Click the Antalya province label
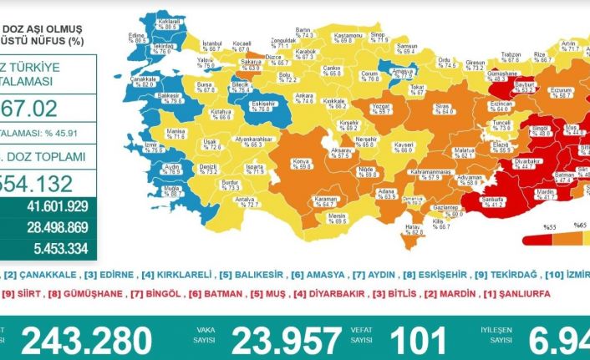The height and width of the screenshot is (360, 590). pyautogui.click(x=247, y=201)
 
